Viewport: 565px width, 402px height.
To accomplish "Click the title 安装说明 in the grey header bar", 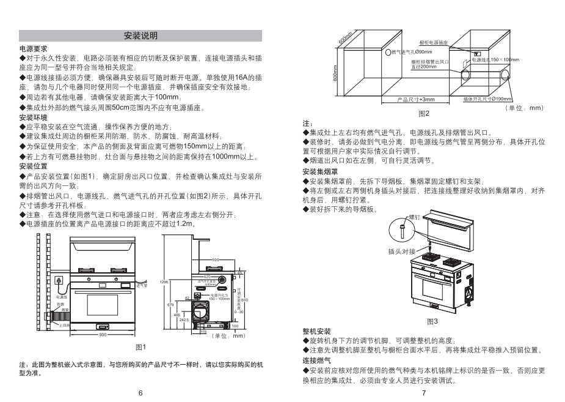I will (x=140, y=35).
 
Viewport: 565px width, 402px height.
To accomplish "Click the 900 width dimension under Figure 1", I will (x=103, y=335).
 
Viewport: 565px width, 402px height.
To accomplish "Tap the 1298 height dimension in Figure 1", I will (x=163, y=281).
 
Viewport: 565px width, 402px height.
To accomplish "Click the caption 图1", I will (x=140, y=348).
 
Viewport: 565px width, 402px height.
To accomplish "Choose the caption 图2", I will (x=424, y=114).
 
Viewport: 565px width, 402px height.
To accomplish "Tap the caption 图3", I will (x=432, y=321).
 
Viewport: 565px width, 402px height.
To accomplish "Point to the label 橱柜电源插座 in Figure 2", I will (x=434, y=43).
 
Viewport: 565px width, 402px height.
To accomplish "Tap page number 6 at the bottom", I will (x=140, y=393).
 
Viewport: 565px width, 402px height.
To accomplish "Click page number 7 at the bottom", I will (x=423, y=393).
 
